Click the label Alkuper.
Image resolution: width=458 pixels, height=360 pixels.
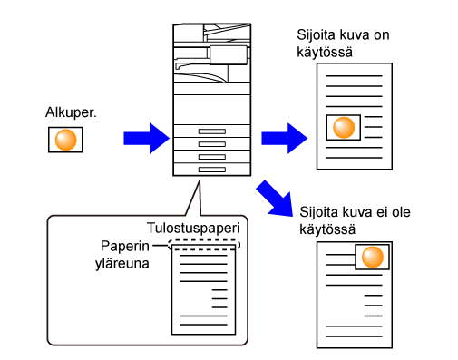(x=71, y=112)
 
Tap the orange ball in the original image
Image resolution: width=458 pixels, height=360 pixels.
(x=65, y=140)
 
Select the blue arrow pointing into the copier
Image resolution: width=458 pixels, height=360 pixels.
(x=147, y=139)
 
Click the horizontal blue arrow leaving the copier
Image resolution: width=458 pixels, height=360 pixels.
(x=285, y=139)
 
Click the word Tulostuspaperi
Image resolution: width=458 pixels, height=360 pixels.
(x=193, y=229)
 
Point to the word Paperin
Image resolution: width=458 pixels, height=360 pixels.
(x=125, y=246)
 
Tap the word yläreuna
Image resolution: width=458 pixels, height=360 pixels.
(x=122, y=263)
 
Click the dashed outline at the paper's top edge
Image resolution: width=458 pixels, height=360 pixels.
(x=204, y=241)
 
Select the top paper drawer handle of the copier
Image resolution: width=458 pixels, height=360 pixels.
(x=212, y=131)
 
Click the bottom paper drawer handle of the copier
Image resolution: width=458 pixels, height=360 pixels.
(x=212, y=170)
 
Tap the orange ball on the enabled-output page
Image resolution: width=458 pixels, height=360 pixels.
(x=344, y=128)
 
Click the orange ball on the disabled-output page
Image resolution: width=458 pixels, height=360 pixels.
(x=373, y=257)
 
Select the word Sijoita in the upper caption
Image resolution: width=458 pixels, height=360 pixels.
(x=315, y=35)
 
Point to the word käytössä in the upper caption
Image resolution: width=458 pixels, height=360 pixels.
(x=325, y=52)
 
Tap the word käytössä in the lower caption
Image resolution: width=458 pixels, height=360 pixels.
(x=327, y=229)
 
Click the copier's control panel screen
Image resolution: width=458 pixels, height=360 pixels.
(x=229, y=55)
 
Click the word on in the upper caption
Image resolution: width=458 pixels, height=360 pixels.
(x=382, y=35)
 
